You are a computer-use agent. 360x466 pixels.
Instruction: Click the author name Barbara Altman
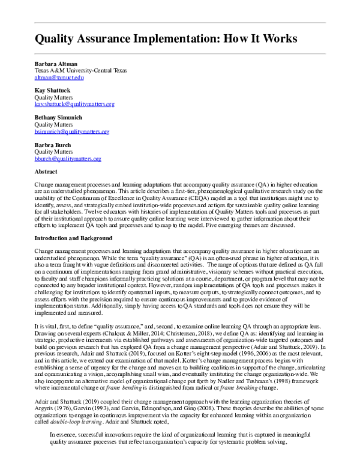(56, 64)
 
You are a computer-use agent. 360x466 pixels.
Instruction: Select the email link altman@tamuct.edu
(59, 77)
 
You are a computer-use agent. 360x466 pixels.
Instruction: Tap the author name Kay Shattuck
(52, 91)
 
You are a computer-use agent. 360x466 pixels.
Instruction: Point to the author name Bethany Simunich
(59, 118)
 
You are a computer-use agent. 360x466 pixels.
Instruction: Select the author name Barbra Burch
(53, 145)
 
